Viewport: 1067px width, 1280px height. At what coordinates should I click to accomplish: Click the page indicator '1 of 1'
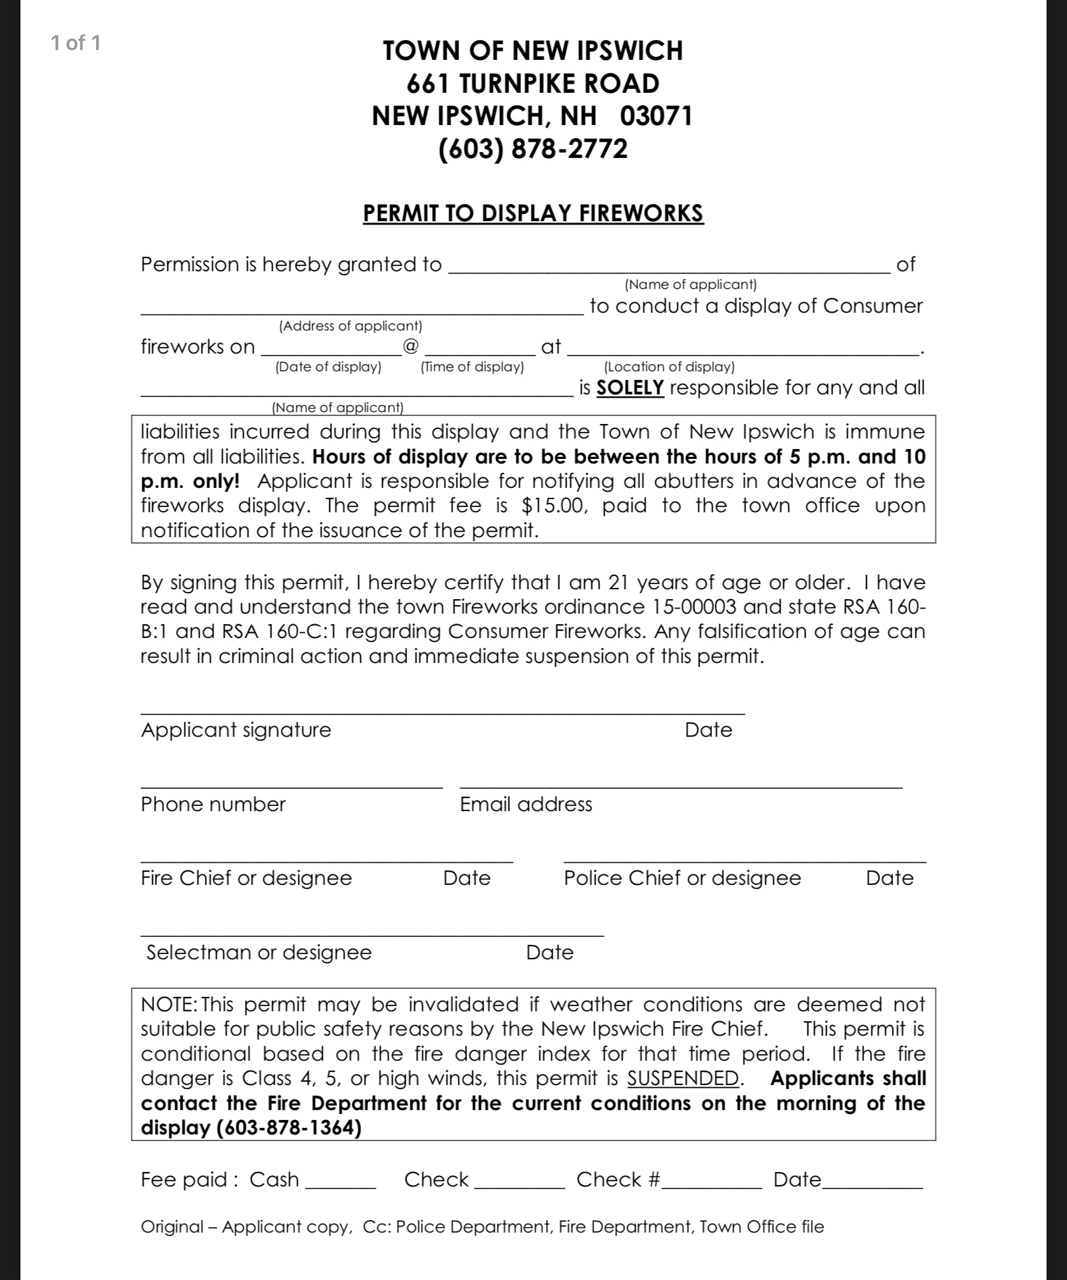[x=76, y=43]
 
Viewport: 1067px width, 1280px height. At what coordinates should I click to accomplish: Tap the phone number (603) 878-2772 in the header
[x=533, y=149]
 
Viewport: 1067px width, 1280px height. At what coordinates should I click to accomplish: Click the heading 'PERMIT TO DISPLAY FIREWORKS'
[x=533, y=213]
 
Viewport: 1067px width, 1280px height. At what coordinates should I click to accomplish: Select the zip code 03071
[x=656, y=116]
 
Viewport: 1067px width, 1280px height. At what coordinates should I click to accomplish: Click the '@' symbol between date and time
[x=410, y=345]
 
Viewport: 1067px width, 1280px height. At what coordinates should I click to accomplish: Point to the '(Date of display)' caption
[x=328, y=367]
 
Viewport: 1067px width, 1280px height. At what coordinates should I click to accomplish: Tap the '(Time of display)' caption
[x=472, y=367]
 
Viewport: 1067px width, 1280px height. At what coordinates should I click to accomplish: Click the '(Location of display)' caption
[x=669, y=367]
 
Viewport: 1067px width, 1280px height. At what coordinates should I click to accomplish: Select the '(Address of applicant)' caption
[x=350, y=326]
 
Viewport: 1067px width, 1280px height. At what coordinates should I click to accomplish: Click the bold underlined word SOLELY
[x=630, y=388]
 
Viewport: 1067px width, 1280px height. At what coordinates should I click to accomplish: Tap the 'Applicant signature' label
[x=236, y=730]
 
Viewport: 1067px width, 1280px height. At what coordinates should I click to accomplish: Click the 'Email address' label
[x=526, y=804]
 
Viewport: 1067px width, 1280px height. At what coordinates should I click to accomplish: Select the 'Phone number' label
[x=213, y=804]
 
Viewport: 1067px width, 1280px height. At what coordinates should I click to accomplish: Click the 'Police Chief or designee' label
[x=682, y=878]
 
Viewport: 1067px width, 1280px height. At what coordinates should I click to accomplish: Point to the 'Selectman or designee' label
[x=259, y=952]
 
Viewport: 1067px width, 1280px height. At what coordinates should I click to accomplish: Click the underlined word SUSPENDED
[x=683, y=1079]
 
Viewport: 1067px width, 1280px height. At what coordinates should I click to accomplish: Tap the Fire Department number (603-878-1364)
[x=289, y=1128]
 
